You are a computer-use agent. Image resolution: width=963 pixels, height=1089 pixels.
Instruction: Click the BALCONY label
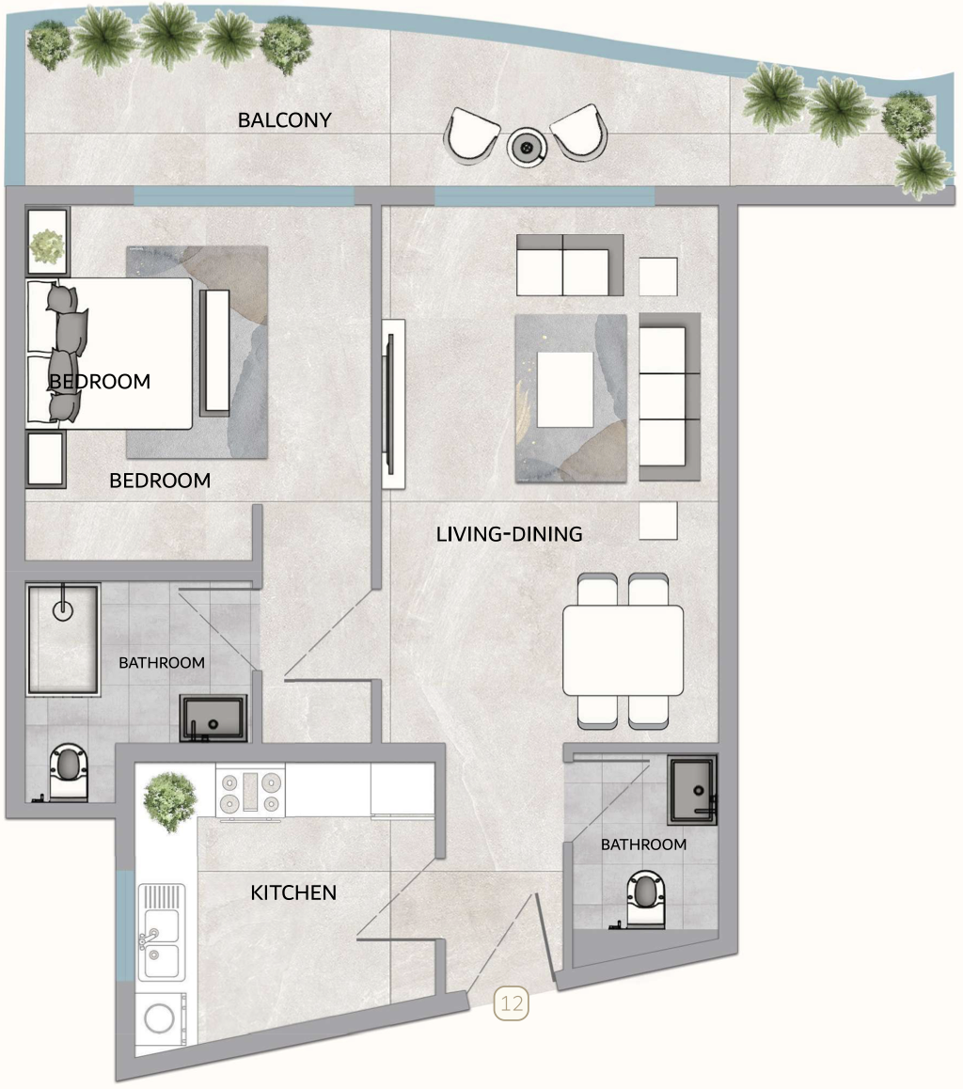pos(285,120)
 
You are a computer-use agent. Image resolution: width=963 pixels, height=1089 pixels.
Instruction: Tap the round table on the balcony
pos(527,146)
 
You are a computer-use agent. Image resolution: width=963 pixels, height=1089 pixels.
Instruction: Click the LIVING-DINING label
pos(509,534)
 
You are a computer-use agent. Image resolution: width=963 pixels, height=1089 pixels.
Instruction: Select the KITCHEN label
pos(293,892)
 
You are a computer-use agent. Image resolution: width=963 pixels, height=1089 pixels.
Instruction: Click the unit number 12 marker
pos(513,1003)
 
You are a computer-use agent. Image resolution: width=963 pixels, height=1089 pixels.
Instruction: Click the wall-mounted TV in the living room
pos(393,403)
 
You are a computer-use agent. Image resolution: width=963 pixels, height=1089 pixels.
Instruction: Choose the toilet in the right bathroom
pos(645,898)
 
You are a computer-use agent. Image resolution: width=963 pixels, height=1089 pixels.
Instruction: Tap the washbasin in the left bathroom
pos(213,718)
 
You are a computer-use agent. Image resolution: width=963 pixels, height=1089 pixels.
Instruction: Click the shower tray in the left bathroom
pos(63,639)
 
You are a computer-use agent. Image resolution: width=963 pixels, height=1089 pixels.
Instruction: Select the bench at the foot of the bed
pos(215,351)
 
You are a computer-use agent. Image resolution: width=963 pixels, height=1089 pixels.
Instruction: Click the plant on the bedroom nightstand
pos(46,246)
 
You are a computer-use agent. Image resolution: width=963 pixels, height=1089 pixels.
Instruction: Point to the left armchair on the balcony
pos(473,133)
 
